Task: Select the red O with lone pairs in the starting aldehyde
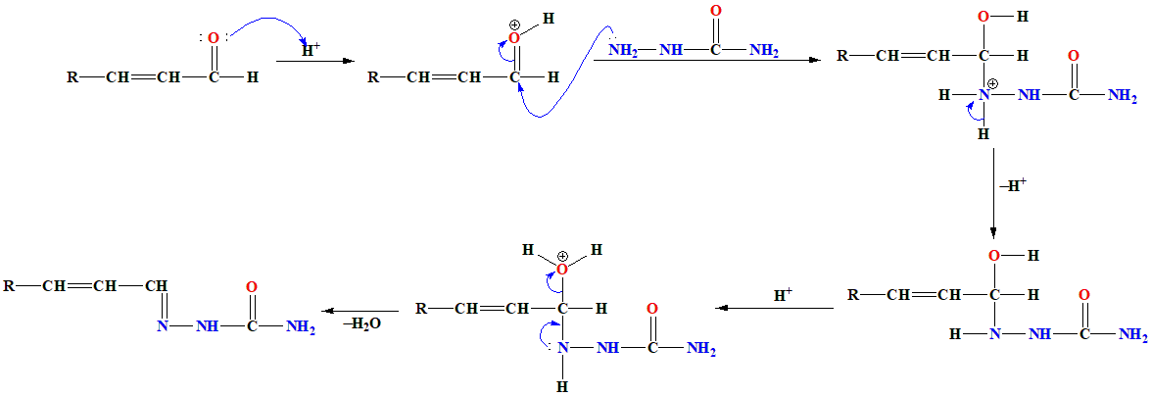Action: (x=213, y=38)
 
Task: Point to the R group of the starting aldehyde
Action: (x=72, y=76)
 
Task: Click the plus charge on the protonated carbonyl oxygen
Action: (x=514, y=24)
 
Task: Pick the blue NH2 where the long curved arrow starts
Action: (x=623, y=51)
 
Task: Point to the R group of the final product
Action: (x=9, y=286)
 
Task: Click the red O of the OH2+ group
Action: (x=561, y=269)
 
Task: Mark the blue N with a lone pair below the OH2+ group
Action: (x=562, y=348)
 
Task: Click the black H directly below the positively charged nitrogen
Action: (x=983, y=134)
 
